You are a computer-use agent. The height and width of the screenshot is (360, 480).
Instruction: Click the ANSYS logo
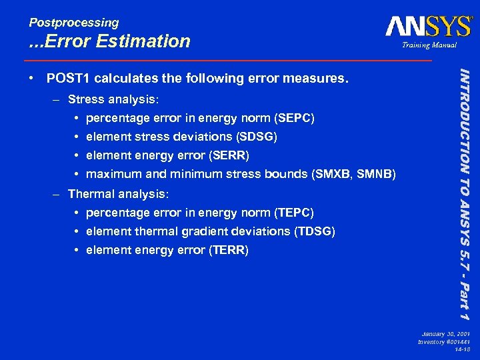[428, 27]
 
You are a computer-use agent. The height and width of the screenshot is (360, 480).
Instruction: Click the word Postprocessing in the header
[74, 23]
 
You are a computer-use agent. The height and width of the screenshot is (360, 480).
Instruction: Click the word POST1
[69, 79]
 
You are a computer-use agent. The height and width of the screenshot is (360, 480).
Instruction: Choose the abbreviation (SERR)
[228, 155]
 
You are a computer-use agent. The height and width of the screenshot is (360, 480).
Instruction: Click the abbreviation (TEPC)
[294, 213]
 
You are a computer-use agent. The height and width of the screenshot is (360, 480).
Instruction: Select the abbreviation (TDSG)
[314, 231]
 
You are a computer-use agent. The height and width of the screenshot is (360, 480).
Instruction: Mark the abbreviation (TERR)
[228, 251]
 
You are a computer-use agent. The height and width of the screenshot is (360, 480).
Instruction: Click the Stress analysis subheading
[114, 99]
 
